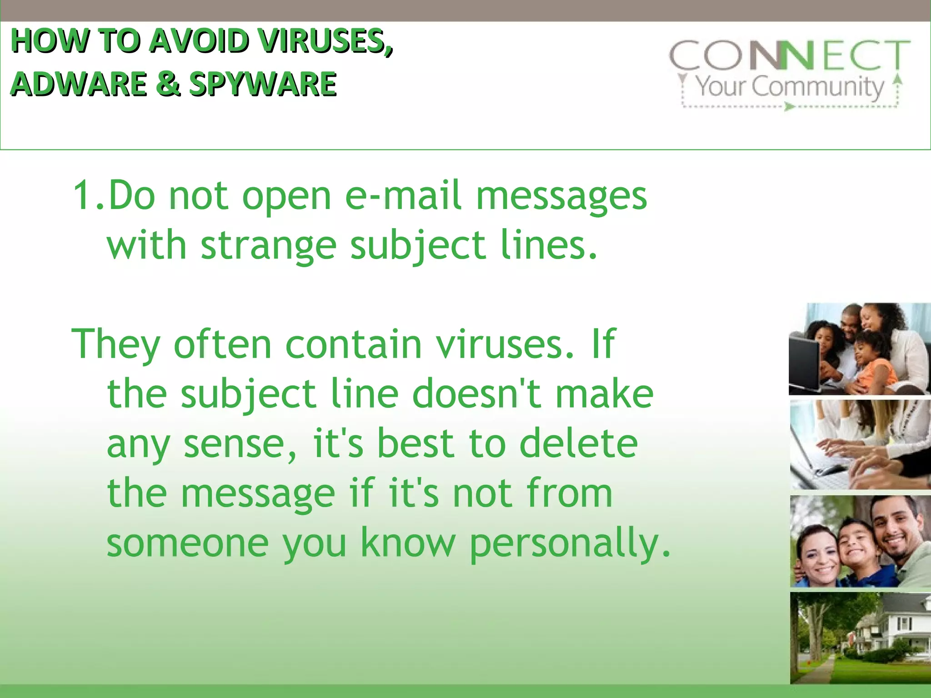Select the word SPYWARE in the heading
pos(263,85)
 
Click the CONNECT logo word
pos(789,55)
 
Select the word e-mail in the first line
pos(403,196)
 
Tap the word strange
pos(269,246)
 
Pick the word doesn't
pos(477,394)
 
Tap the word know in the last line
pos(408,543)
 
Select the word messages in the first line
pos(561,196)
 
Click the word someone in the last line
pos(188,543)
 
